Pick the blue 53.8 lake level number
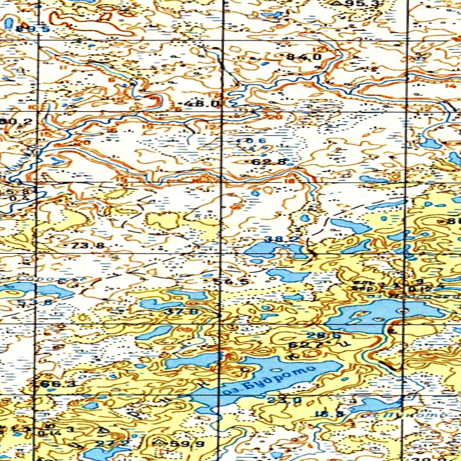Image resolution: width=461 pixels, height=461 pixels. (x=35, y=303)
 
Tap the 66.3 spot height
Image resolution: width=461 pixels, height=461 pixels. (x=58, y=384)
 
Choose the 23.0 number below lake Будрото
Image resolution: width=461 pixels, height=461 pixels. (x=278, y=400)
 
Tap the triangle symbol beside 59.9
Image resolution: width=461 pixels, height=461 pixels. (x=158, y=443)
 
